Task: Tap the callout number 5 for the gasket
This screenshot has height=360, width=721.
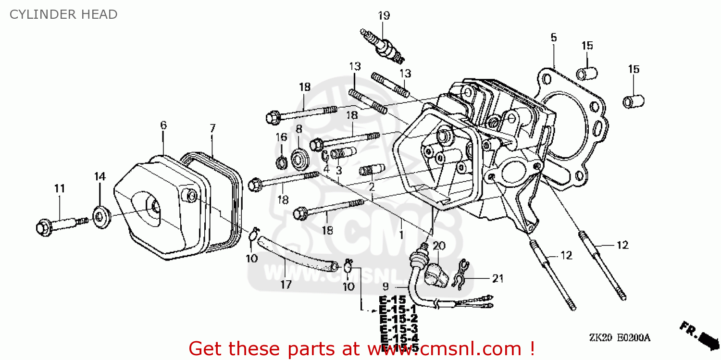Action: point(553,37)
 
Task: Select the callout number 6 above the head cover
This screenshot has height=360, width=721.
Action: point(163,125)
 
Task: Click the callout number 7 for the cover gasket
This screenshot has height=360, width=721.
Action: point(212,128)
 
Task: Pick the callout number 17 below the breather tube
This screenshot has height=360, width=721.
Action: point(286,285)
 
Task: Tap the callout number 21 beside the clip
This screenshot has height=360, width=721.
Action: point(497,278)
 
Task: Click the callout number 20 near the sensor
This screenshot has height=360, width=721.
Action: point(439,246)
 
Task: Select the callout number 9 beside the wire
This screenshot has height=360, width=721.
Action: point(385,287)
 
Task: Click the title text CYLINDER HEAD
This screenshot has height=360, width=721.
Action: point(63,14)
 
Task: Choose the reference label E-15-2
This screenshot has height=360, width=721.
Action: point(398,319)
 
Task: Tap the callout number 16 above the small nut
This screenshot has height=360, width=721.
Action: point(281,137)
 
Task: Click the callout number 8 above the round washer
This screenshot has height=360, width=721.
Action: point(298,129)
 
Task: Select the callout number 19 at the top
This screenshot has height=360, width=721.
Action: point(383,16)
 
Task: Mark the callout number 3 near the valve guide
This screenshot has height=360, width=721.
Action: point(338,170)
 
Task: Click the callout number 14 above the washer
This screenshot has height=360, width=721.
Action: point(99,176)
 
